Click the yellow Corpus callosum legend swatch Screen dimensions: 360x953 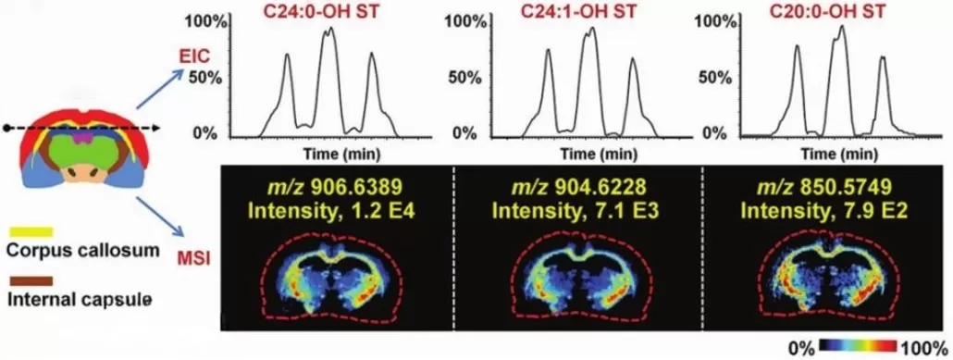pos(31,230)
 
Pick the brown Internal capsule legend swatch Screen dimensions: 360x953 pos(31,280)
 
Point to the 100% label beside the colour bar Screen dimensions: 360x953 pos(925,346)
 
